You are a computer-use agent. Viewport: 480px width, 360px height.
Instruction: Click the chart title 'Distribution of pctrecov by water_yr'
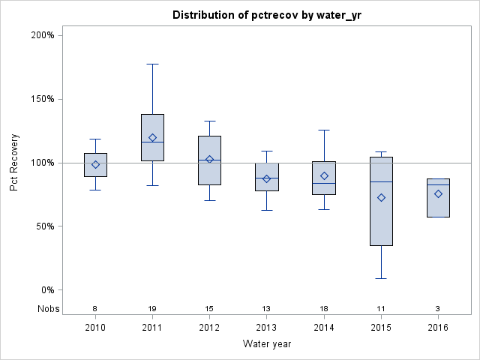pyautogui.click(x=267, y=15)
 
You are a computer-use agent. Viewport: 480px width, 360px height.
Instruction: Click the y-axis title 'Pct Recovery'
pyautogui.click(x=14, y=163)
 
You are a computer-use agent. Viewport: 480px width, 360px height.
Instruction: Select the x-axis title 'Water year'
pyautogui.click(x=267, y=343)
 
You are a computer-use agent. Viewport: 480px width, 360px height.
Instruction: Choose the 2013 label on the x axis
pyautogui.click(x=266, y=328)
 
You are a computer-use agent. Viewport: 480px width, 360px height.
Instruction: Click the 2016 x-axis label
pyautogui.click(x=438, y=328)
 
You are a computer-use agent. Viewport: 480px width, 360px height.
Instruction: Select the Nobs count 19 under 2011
pyautogui.click(x=152, y=309)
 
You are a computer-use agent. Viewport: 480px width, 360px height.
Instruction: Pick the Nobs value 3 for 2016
pyautogui.click(x=438, y=309)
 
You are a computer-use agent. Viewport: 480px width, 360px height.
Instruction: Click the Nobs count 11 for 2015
pyautogui.click(x=381, y=309)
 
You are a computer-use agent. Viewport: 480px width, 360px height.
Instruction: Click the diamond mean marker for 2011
pyautogui.click(x=152, y=137)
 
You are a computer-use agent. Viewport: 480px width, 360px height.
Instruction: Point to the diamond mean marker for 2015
pyautogui.click(x=381, y=197)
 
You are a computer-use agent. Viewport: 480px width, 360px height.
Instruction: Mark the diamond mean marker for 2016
pyautogui.click(x=438, y=193)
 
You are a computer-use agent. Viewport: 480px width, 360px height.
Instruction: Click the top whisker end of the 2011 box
pyautogui.click(x=152, y=64)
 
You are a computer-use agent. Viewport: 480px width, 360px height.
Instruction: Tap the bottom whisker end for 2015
pyautogui.click(x=381, y=278)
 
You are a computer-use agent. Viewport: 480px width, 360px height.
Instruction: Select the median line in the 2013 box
pyautogui.click(x=266, y=178)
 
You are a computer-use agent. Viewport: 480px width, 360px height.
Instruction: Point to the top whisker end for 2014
pyautogui.click(x=324, y=130)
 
